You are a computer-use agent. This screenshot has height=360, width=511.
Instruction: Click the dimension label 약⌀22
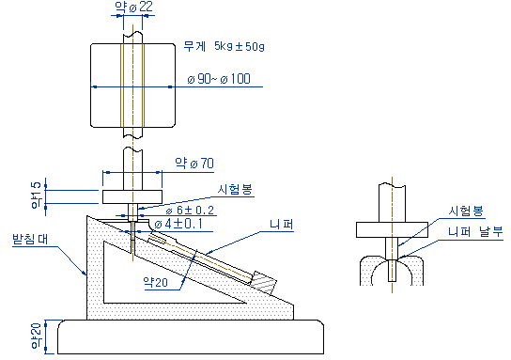pos(134,7)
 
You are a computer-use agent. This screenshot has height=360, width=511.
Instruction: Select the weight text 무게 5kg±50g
pos(224,46)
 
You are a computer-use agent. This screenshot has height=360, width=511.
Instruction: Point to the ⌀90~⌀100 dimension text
pos(219,79)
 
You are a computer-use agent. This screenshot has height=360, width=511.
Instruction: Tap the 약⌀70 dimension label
pos(194,163)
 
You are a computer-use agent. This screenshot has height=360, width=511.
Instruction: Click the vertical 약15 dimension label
pos(37,195)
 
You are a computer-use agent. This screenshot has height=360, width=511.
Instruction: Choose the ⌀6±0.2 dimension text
pos(190,210)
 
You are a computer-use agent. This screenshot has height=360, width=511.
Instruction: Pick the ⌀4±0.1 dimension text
pos(178,224)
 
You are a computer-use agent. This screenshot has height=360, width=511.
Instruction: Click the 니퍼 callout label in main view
pos(282,225)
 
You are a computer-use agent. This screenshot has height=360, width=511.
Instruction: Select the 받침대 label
pos(30,239)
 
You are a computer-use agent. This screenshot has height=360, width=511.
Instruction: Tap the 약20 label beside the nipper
pos(155,282)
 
